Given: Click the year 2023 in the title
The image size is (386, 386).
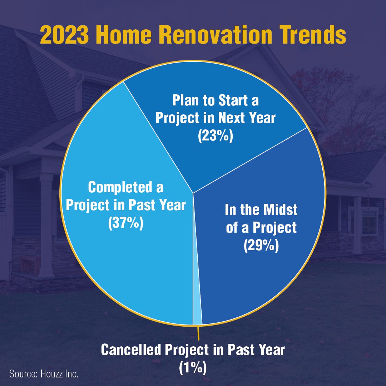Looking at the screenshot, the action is pos(64,35).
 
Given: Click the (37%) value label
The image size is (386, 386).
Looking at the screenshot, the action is pos(125,223).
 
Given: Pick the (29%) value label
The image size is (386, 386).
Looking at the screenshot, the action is pos(261,245).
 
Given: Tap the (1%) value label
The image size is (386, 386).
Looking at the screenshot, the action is pos(193,368).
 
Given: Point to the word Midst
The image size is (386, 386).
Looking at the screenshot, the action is pos(281,210).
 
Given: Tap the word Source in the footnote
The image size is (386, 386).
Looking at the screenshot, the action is pos(23,374).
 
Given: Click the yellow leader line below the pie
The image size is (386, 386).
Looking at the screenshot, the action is pos(198,333).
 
